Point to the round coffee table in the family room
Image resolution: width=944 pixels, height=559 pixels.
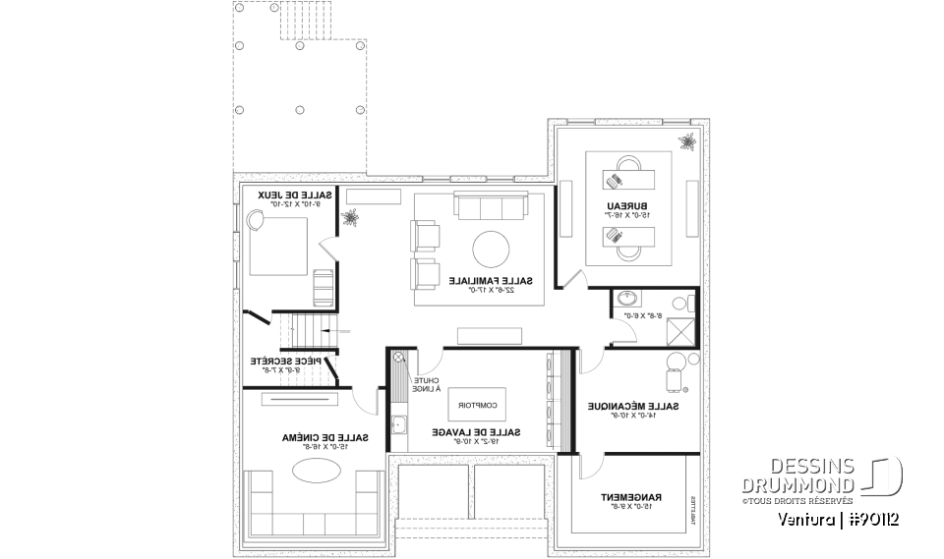[492, 250]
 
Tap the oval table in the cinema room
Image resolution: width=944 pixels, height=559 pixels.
[315, 472]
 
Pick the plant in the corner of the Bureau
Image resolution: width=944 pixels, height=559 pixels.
[685, 142]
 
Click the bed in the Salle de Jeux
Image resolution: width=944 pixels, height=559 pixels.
[281, 246]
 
